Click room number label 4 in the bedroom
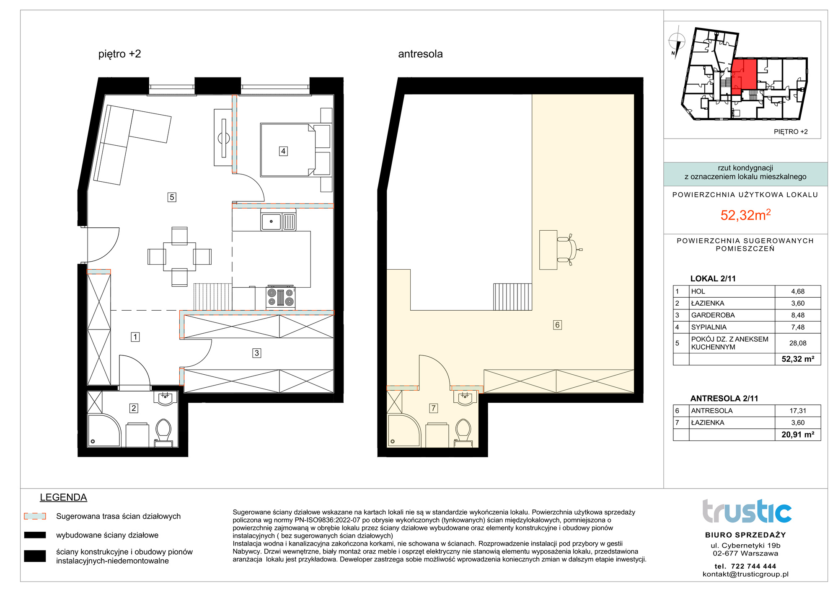tap(283, 151)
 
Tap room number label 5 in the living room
tap(172, 197)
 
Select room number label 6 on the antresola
tap(557, 325)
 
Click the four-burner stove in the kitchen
tap(281, 298)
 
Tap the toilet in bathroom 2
tap(163, 433)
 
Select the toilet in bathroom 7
tap(463, 433)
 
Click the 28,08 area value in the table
tap(798, 343)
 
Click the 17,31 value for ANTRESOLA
tap(798, 411)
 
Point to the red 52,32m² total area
tap(745, 214)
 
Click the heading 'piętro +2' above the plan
tap(120, 54)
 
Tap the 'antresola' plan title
tap(420, 54)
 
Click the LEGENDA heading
tap(63, 497)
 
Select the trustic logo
tap(747, 511)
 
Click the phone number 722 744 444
tap(753, 566)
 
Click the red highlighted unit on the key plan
tap(744, 77)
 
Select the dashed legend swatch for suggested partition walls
tap(35, 516)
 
